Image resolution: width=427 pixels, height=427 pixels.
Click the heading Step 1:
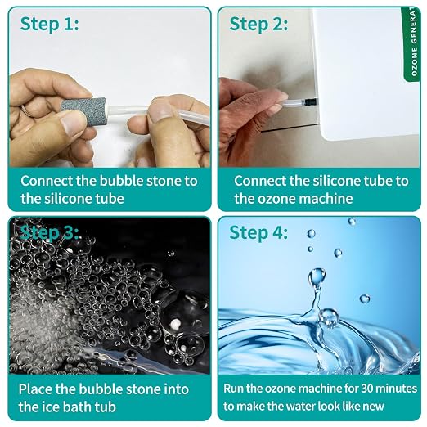(x=49, y=25)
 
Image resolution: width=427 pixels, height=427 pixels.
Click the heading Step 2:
(x=258, y=25)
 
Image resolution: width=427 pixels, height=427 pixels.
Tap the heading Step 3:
(x=49, y=233)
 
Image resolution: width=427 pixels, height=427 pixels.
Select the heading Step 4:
(x=258, y=233)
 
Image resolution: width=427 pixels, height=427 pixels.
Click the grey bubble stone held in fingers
(x=83, y=110)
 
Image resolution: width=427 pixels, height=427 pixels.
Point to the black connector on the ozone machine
(x=311, y=102)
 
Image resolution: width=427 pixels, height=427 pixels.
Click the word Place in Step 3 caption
(x=36, y=389)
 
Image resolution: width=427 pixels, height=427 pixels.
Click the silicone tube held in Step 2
(x=292, y=103)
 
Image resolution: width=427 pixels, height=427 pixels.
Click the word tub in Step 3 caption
(x=106, y=407)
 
